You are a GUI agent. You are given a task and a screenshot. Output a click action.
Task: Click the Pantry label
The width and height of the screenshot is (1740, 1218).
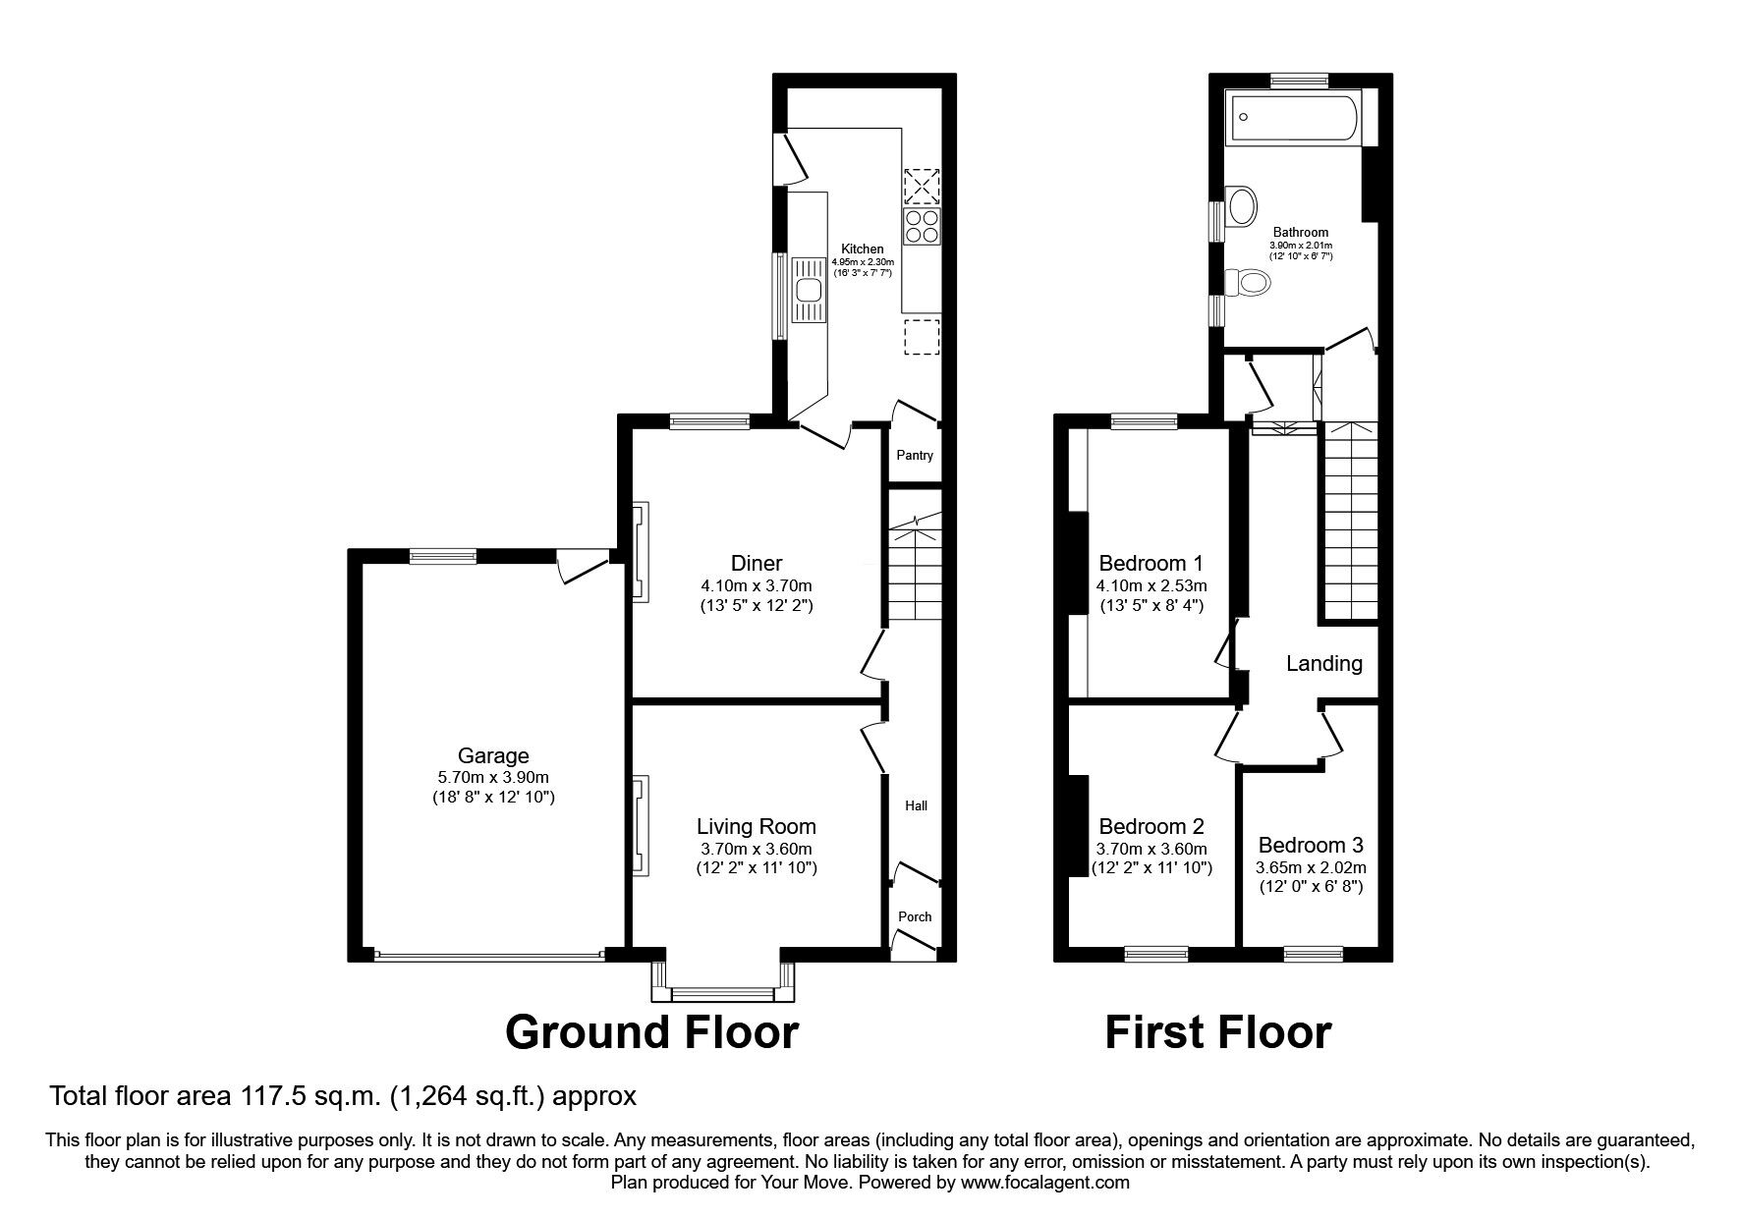tap(915, 456)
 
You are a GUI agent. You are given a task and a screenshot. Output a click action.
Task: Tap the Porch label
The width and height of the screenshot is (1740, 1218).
tap(915, 916)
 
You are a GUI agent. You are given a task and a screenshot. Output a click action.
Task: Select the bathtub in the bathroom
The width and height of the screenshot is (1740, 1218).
tap(1293, 118)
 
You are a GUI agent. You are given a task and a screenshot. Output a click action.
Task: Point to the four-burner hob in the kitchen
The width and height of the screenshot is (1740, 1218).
tap(923, 227)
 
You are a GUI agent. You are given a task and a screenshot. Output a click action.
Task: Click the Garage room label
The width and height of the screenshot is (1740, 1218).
tap(493, 755)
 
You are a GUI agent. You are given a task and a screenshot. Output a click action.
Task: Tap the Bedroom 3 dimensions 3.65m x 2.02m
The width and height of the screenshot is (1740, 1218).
tap(1311, 868)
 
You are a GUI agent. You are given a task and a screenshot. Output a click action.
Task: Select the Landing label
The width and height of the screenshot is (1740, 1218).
tap(1323, 664)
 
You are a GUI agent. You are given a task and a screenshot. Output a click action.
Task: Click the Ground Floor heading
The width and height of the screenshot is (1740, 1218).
tap(651, 1032)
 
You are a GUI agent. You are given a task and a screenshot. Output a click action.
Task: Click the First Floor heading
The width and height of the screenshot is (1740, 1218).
tap(1218, 1032)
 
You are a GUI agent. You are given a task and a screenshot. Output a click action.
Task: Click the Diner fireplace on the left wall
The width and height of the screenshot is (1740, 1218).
tap(639, 550)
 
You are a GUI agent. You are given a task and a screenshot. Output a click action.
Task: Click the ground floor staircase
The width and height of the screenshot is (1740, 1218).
tap(915, 570)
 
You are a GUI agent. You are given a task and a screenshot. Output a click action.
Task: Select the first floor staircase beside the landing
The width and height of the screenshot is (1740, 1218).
tap(1351, 521)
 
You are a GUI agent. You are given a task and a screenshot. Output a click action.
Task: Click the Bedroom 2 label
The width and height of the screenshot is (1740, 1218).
tap(1151, 827)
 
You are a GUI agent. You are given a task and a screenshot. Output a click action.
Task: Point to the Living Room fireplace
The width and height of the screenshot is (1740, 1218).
tap(639, 825)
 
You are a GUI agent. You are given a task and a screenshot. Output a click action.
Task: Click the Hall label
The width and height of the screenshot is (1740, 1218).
tap(916, 806)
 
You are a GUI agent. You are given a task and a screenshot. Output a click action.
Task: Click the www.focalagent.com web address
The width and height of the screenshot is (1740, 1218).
tap(1044, 1183)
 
